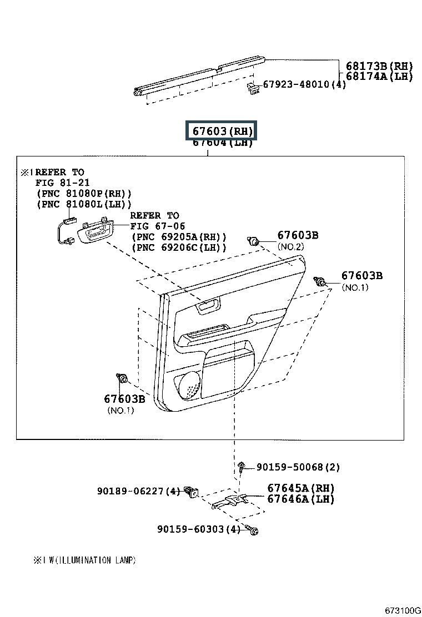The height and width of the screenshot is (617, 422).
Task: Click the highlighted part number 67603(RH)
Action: point(222,132)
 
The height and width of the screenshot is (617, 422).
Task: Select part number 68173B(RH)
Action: point(379,65)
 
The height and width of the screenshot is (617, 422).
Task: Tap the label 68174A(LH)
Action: point(379,76)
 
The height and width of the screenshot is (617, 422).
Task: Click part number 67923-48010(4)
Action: point(304,84)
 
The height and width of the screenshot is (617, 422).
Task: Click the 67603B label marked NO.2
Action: point(298,235)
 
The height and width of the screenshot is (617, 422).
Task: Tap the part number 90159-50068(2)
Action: point(298,467)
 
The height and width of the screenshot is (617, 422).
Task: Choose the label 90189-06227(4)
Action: point(138,490)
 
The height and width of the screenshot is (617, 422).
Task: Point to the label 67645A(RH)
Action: point(300,488)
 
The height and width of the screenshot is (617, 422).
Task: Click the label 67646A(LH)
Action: point(300,499)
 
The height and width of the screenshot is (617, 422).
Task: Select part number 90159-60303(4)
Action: point(198,529)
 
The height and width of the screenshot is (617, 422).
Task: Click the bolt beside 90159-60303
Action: point(253,530)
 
